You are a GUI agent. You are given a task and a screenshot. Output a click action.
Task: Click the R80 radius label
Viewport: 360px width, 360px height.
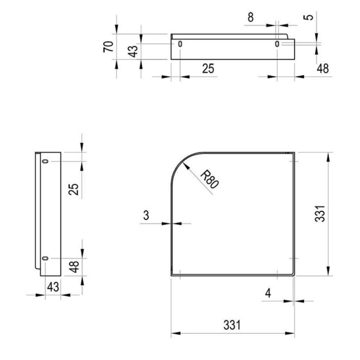click(x=209, y=180)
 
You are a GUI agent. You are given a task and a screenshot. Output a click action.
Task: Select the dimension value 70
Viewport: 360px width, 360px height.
click(x=108, y=47)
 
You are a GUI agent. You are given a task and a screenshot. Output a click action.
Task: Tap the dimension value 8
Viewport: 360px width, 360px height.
click(x=251, y=17)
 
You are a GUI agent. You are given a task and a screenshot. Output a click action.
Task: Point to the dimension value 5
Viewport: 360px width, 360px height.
click(x=309, y=17)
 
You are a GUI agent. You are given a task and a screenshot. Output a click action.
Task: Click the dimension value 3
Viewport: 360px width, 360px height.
click(x=146, y=215)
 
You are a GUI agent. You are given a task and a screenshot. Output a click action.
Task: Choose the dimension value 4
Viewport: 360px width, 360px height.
click(x=268, y=293)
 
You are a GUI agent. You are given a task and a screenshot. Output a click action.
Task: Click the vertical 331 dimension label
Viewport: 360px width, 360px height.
click(x=320, y=213)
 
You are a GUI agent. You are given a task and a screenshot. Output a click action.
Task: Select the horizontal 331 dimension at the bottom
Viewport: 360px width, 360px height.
click(x=232, y=325)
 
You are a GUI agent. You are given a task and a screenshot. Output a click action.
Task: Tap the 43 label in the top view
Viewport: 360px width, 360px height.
click(x=133, y=51)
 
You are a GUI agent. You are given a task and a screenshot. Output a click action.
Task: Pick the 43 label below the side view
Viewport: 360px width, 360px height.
click(x=53, y=287)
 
